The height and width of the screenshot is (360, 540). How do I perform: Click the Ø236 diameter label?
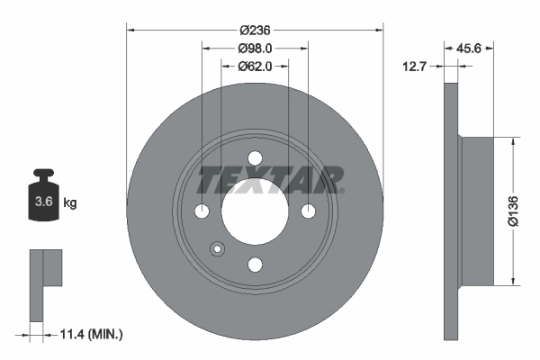(x=255, y=31)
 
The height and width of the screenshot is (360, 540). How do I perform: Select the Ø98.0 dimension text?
(x=255, y=49)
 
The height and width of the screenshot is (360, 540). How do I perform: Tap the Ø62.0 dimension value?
(x=255, y=66)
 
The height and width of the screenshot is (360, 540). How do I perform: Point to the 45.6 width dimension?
(x=468, y=49)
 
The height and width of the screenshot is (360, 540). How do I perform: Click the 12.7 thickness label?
(x=415, y=66)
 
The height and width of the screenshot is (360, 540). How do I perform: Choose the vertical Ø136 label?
(x=513, y=211)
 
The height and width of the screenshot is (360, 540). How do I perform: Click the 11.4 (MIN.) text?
(x=91, y=334)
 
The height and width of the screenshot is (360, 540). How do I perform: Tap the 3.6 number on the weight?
(x=44, y=202)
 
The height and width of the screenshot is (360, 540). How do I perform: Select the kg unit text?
(x=70, y=202)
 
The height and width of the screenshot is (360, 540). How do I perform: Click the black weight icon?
(x=43, y=194)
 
